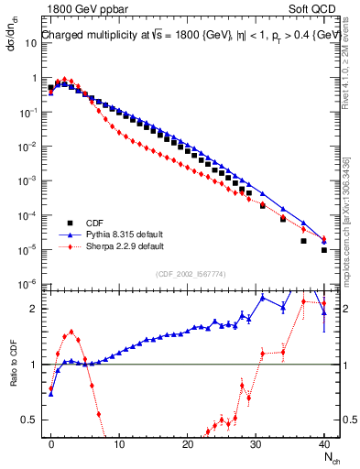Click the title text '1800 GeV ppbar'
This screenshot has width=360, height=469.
click(x=80, y=9)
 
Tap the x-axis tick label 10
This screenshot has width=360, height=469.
click(x=119, y=442)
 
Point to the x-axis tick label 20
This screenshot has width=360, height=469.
click(x=188, y=442)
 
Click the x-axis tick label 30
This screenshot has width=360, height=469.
click(x=256, y=442)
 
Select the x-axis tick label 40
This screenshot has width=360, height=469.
click(x=323, y=442)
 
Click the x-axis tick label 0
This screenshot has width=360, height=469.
click(x=51, y=442)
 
